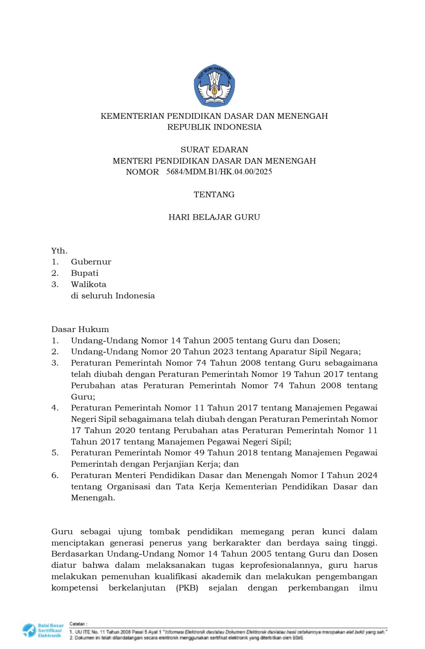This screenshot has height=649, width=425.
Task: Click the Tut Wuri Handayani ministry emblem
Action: click(x=214, y=86)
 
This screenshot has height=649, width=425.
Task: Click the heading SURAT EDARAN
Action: click(x=214, y=150)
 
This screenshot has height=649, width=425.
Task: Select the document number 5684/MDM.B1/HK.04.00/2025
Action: click(x=219, y=172)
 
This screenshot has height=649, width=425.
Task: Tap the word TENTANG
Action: click(x=214, y=195)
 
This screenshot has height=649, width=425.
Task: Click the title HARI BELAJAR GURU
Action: click(x=214, y=217)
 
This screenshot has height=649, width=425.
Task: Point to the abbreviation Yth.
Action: click(x=59, y=251)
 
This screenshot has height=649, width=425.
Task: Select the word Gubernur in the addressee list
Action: click(x=91, y=262)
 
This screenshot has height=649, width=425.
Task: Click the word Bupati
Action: click(x=85, y=273)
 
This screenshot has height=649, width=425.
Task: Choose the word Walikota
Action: click(x=88, y=284)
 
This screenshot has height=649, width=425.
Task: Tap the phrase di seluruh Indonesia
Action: click(x=113, y=296)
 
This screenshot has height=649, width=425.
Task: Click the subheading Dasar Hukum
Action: click(x=80, y=330)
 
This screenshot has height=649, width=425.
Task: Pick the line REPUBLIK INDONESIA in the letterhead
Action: click(x=214, y=127)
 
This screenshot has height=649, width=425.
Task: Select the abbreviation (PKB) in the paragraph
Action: click(x=187, y=588)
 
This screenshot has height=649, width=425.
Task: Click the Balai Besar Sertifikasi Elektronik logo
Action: click(x=43, y=630)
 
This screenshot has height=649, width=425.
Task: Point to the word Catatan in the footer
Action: click(x=78, y=624)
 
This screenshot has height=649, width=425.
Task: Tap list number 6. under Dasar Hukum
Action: click(x=55, y=475)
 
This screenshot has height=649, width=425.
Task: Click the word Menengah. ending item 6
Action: click(x=93, y=498)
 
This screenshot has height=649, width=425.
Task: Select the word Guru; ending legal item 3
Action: click(x=83, y=397)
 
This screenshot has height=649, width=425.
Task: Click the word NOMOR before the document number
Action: click(x=142, y=172)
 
